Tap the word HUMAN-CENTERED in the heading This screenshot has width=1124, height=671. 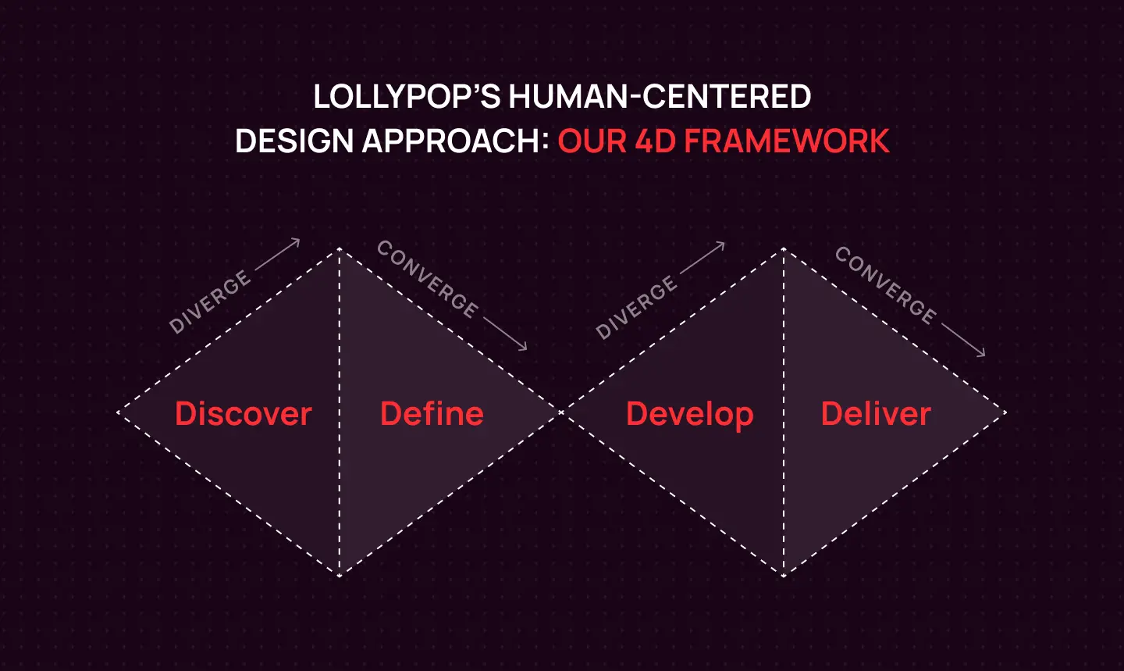click(x=660, y=97)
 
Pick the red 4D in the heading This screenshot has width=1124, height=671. click(x=655, y=141)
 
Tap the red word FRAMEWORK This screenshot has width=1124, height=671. click(x=787, y=141)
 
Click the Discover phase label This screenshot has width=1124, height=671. click(x=243, y=413)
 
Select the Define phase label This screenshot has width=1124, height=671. click(x=432, y=413)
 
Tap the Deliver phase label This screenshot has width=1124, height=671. click(x=876, y=413)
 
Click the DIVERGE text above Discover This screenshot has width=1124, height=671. click(x=209, y=302)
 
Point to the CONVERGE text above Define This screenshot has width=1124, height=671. click(x=427, y=279)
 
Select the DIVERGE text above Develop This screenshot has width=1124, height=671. click(x=635, y=307)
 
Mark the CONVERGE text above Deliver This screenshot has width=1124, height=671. click(x=885, y=284)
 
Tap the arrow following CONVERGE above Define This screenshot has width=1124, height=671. click(x=505, y=334)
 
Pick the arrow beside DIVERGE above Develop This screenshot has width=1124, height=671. click(x=702, y=258)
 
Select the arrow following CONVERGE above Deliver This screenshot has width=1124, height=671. click(x=963, y=340)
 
